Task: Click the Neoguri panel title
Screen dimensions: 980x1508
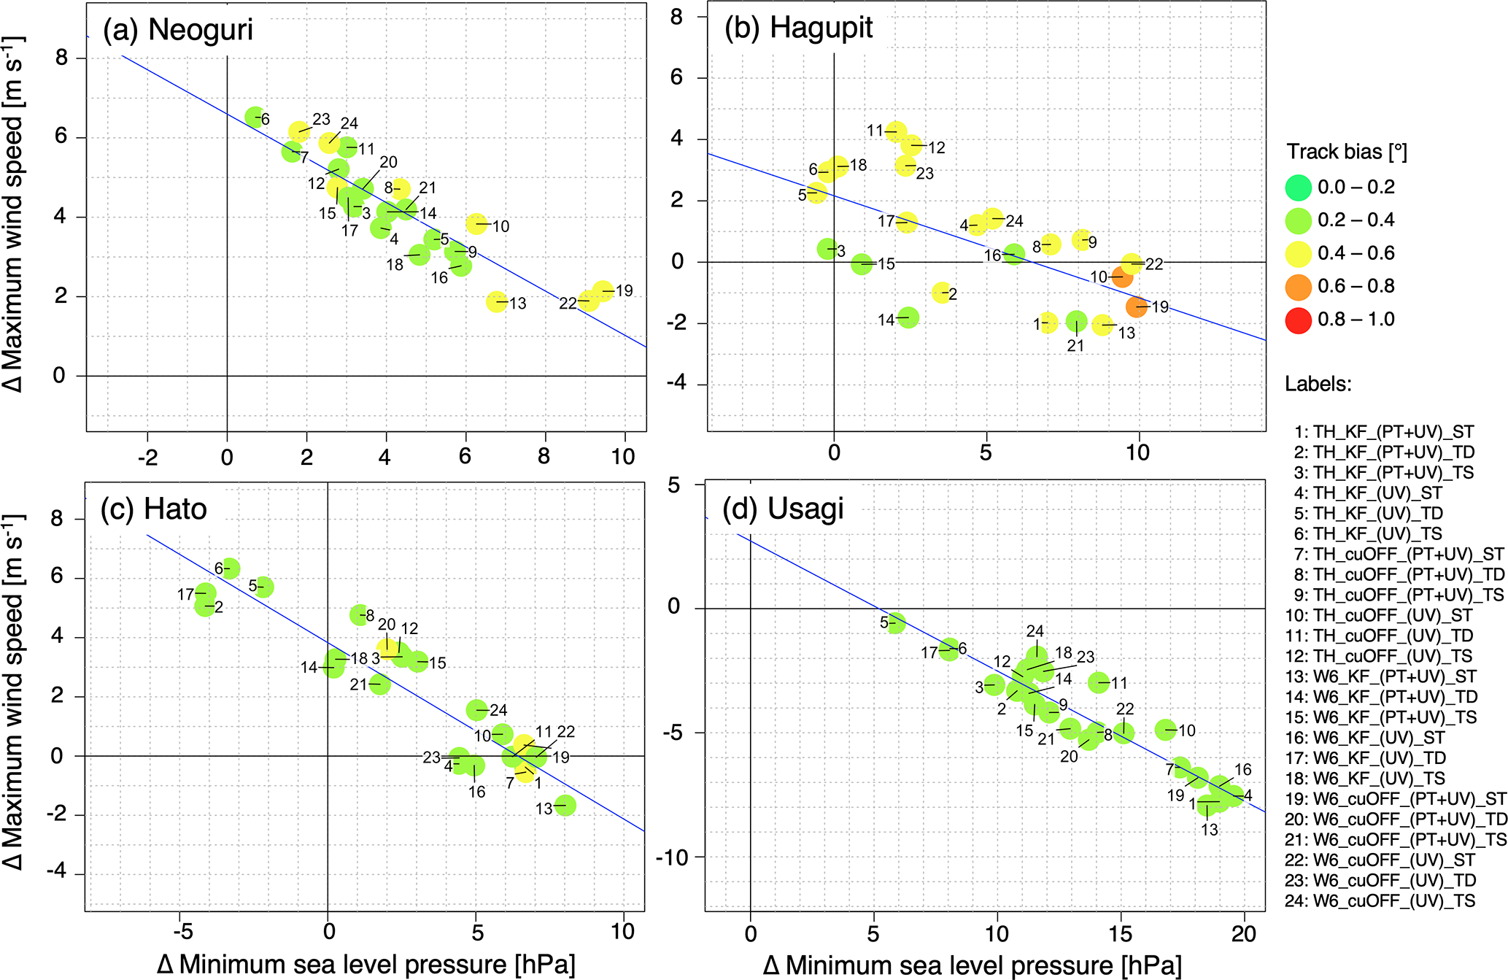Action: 178,30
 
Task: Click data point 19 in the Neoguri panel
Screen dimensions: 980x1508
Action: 603,291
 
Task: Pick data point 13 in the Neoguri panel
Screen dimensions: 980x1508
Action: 497,301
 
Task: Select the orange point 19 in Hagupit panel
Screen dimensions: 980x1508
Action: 1137,306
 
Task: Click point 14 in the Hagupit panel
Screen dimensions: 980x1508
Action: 908,317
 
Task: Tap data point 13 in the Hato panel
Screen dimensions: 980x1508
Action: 565,806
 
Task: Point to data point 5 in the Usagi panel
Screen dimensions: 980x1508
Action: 896,623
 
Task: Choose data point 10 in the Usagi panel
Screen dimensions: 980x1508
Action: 1166,729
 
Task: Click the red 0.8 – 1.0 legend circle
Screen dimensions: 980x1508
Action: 1299,320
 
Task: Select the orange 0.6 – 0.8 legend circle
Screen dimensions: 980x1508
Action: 1299,287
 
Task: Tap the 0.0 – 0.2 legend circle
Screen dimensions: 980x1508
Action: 1299,188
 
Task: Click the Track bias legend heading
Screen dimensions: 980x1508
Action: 1346,152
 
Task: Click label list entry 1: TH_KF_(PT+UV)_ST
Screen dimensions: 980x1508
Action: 1384,432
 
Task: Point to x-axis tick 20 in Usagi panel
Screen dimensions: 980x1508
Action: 1243,933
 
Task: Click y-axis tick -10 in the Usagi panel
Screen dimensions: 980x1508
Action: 673,857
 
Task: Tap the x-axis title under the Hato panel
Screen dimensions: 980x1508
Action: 366,965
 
